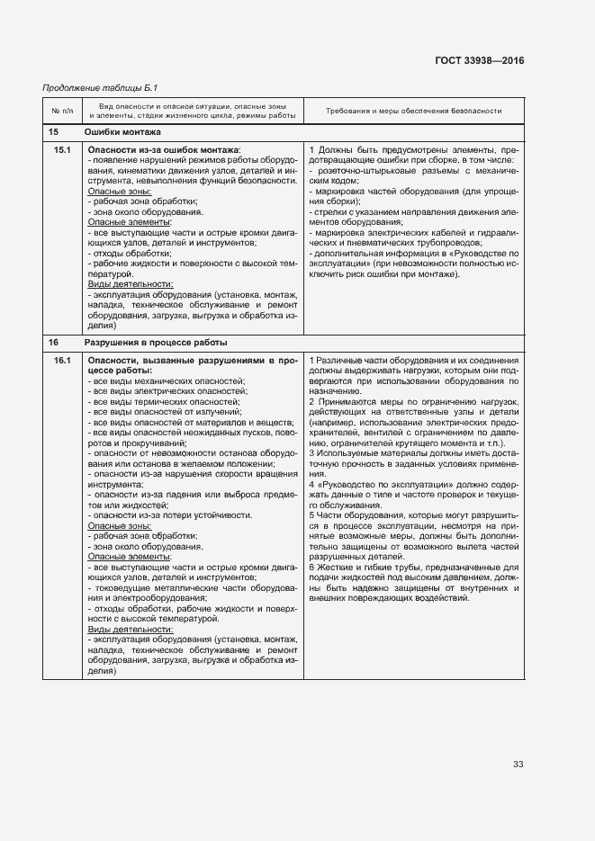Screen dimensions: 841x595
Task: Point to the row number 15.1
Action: tap(62, 148)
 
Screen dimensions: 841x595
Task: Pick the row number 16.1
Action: tap(62, 361)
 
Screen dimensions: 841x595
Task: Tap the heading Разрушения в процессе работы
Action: tap(156, 343)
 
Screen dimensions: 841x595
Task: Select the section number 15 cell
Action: tap(53, 132)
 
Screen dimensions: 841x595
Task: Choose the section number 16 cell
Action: tap(53, 343)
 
